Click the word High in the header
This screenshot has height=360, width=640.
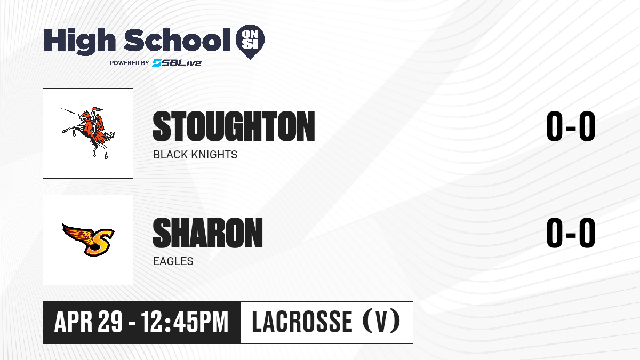80,42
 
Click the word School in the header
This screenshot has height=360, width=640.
177,40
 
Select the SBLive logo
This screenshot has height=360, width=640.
177,63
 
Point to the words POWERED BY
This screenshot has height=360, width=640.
130,63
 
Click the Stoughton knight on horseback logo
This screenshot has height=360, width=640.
89,133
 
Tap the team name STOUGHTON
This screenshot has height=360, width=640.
234,126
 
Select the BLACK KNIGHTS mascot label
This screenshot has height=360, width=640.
195,155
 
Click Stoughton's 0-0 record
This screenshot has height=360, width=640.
571,126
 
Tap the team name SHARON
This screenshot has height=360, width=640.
207,233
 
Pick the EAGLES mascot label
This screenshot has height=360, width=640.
173,261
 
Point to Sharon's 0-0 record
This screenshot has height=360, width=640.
571,233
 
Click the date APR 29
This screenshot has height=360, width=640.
89,322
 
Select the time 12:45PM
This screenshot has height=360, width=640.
185,322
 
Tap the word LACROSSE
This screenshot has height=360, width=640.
302,322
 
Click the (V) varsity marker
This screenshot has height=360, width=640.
381,322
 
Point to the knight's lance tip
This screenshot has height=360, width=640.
62,109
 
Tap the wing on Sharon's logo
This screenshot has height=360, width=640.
77,234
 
